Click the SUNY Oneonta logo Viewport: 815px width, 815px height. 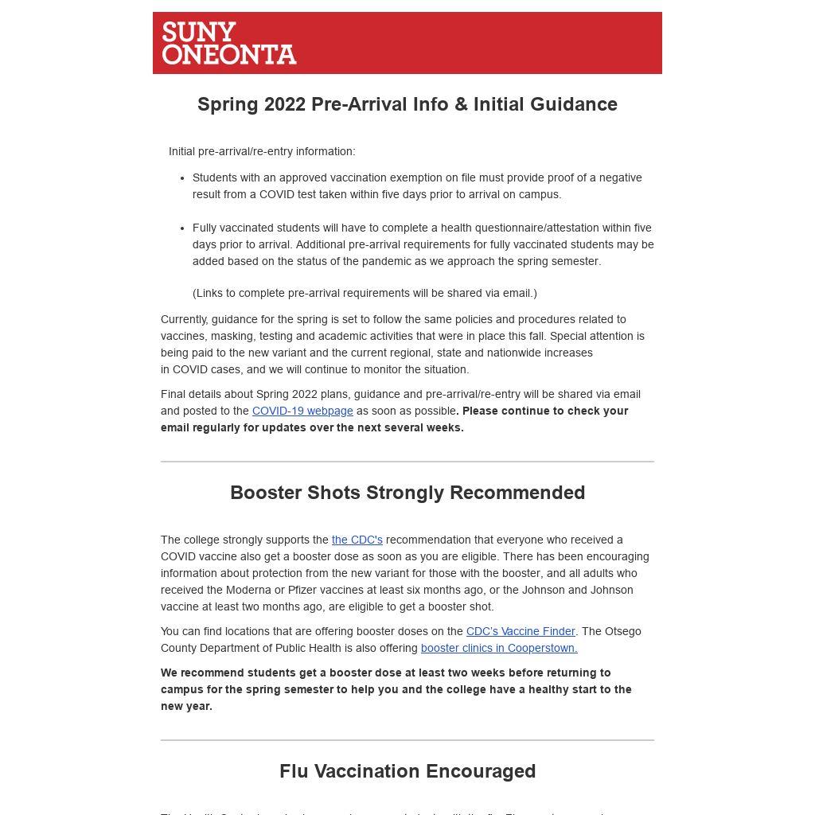tap(229, 43)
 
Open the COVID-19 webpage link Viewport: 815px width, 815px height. tap(302, 411)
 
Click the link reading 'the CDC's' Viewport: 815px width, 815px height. tap(357, 540)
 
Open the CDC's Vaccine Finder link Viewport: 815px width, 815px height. tap(521, 631)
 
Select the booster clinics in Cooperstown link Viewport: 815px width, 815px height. tap(499, 648)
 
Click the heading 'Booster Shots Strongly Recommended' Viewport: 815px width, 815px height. tap(407, 493)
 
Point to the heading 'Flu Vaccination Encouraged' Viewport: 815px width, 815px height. tap(407, 771)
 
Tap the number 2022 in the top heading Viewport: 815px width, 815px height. tap(285, 104)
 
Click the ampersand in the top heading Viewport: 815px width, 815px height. tap(461, 104)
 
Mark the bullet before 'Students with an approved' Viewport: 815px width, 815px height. tap(182, 178)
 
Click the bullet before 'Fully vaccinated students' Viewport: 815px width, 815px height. tap(182, 228)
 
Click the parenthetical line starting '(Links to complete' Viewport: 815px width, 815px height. tap(365, 293)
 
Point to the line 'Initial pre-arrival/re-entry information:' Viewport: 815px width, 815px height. tap(262, 151)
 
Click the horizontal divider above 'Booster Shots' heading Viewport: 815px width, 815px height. tap(407, 462)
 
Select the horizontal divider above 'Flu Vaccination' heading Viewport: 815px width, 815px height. tap(407, 740)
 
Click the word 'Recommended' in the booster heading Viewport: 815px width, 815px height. tap(517, 493)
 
